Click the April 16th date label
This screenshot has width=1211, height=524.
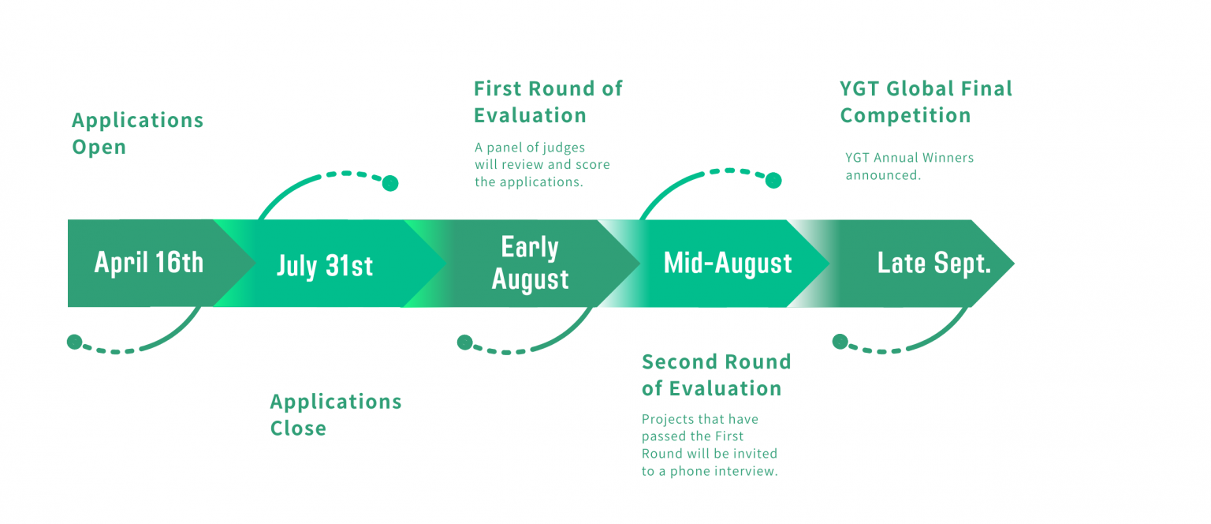[x=149, y=262]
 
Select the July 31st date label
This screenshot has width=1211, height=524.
[x=325, y=265]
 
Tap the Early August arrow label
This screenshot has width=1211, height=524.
[x=530, y=264]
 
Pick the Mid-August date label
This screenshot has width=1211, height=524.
[x=728, y=263]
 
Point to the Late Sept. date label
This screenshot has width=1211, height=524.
[x=934, y=263]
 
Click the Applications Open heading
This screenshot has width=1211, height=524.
[x=137, y=133]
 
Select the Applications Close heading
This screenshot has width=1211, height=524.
[x=336, y=414]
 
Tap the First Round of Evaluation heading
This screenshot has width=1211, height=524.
[x=548, y=102]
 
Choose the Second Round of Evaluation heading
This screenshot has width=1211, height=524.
[x=716, y=375]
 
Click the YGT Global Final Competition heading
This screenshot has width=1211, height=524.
[x=926, y=102]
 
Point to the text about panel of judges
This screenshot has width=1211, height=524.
[x=542, y=164]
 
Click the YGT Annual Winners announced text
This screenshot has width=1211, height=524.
[x=909, y=166]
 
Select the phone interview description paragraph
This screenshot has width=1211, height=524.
[x=710, y=445]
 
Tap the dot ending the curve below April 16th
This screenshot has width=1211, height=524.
[x=74, y=342]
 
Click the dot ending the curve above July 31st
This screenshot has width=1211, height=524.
[x=390, y=184]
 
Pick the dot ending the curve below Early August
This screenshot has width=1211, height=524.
[x=464, y=342]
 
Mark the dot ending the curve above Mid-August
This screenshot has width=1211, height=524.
[x=773, y=181]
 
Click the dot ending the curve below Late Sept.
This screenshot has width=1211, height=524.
[x=840, y=342]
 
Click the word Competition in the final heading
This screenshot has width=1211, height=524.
[x=905, y=115]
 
